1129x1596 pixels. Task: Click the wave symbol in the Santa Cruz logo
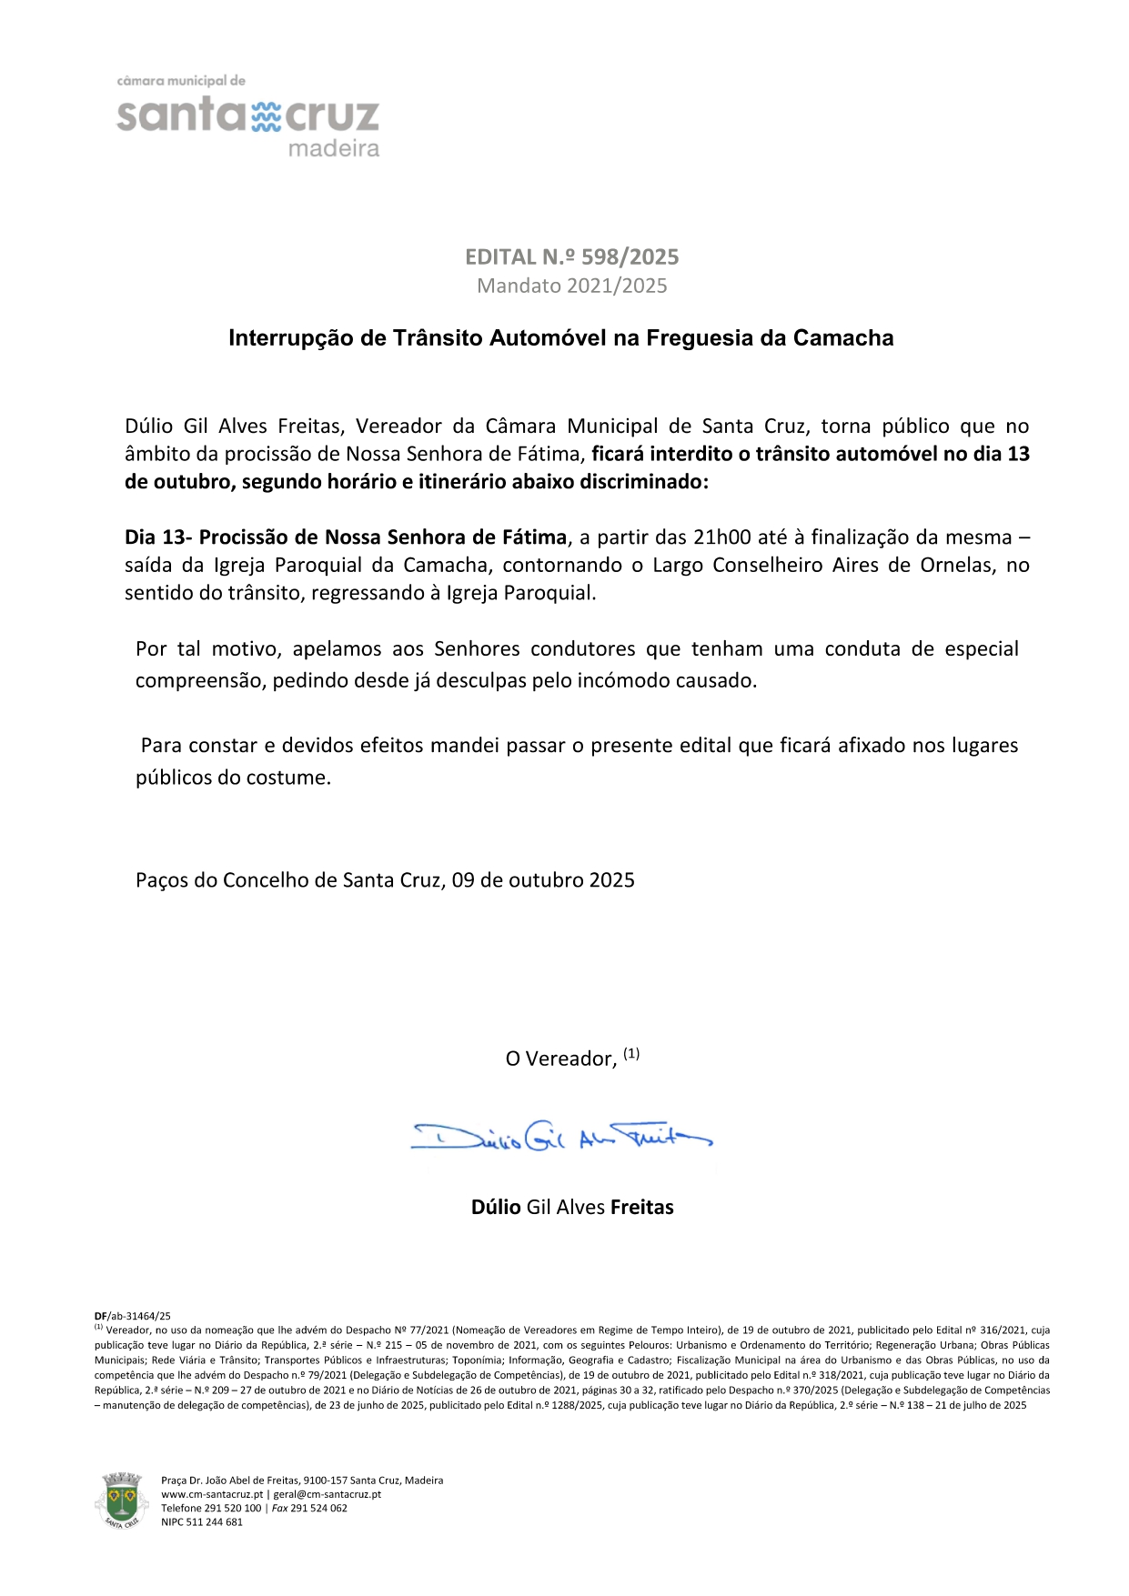click(x=266, y=117)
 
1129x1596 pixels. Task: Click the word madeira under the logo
click(x=334, y=148)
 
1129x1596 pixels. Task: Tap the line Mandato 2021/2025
click(x=572, y=286)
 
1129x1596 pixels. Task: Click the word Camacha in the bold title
click(x=843, y=338)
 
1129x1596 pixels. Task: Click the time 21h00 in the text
click(x=722, y=537)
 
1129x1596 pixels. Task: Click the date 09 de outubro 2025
click(x=543, y=880)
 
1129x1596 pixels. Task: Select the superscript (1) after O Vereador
click(x=631, y=1054)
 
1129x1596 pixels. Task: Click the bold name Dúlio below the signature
click(x=496, y=1208)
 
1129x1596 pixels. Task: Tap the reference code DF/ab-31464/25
click(x=133, y=1316)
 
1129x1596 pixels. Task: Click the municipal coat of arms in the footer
click(x=122, y=1501)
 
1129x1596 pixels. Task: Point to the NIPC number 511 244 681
click(x=215, y=1521)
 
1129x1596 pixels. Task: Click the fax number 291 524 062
click(x=318, y=1508)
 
